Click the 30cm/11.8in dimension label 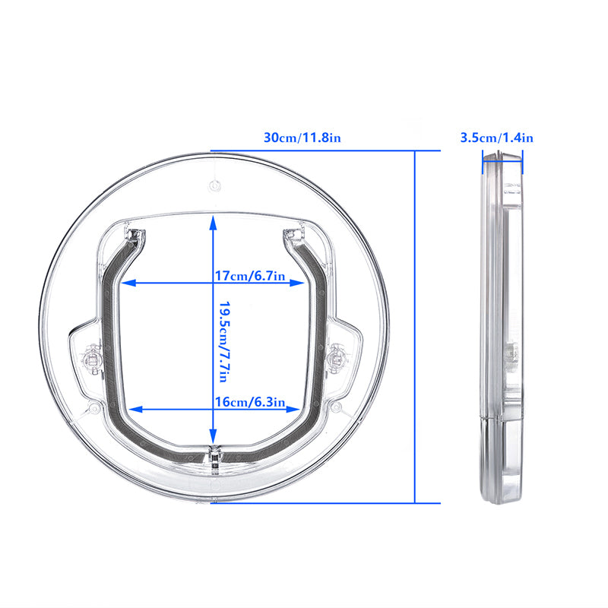(302, 138)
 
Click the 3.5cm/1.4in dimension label (497, 138)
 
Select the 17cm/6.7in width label (249, 277)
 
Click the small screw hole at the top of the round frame (214, 184)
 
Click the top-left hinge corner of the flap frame (135, 233)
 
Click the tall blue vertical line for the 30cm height (416, 327)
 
